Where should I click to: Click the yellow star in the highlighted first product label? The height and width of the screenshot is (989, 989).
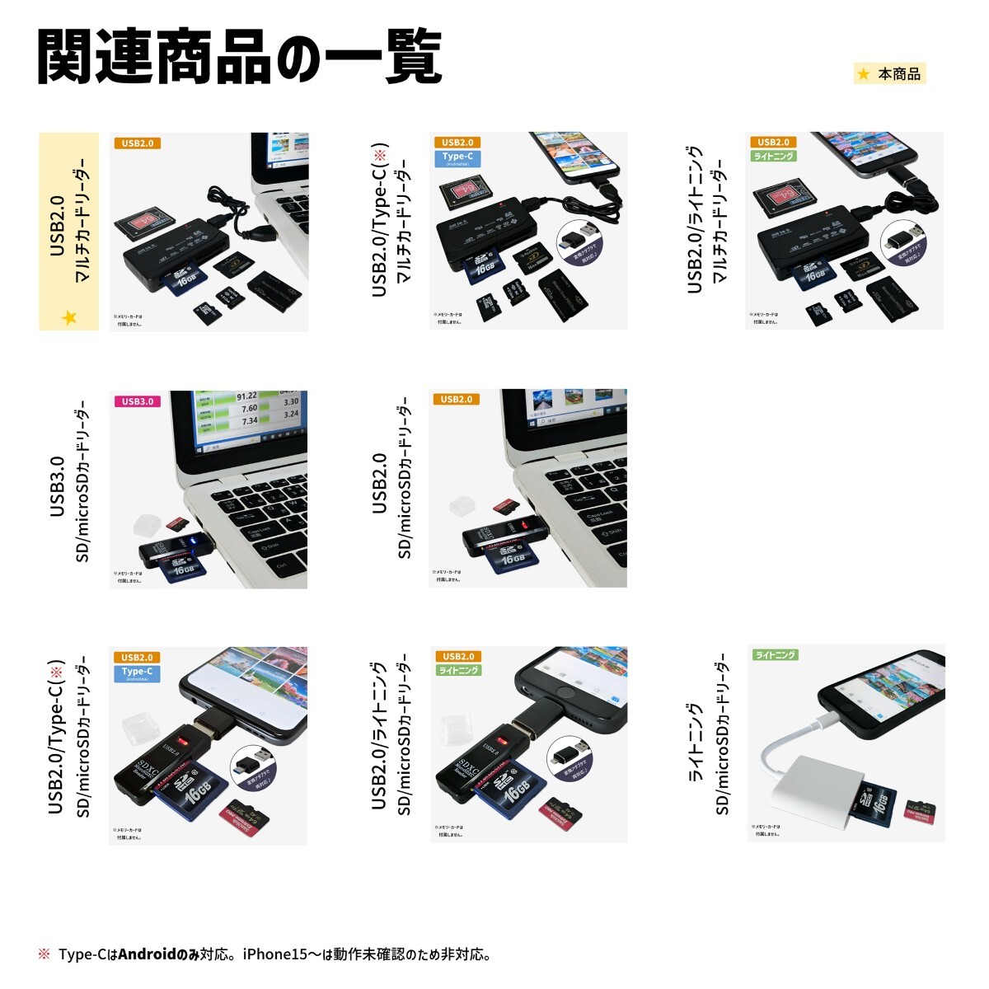(x=69, y=317)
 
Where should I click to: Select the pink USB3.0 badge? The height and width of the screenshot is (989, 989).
(x=137, y=401)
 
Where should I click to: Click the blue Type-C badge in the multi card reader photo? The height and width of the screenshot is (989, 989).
(x=457, y=157)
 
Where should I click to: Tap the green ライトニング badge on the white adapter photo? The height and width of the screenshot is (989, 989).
(x=776, y=655)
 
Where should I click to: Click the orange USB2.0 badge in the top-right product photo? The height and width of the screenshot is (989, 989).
(x=773, y=143)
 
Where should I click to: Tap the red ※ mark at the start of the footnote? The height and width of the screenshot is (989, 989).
(x=44, y=955)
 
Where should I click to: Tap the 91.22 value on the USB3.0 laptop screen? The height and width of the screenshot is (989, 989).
(x=246, y=396)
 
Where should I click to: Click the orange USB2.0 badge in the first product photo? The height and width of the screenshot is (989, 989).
(x=137, y=143)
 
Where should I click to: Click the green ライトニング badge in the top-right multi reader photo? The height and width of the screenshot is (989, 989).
(x=774, y=156)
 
